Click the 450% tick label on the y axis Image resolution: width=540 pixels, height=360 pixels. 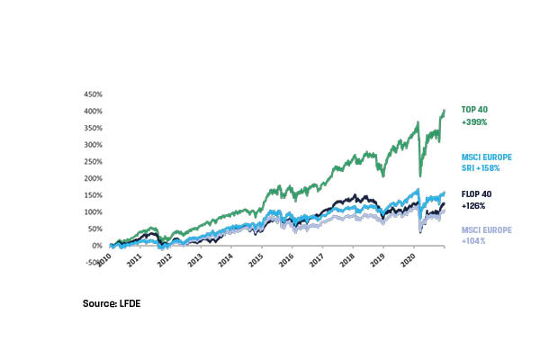pyautogui.click(x=94, y=94)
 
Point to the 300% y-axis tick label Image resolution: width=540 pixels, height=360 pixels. pyautogui.click(x=94, y=144)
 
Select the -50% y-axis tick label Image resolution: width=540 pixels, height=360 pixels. pyautogui.click(x=94, y=262)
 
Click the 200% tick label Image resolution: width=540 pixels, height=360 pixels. pyautogui.click(x=94, y=177)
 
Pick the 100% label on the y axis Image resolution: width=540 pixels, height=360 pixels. pyautogui.click(x=94, y=211)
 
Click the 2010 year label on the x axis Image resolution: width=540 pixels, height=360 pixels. pyautogui.click(x=104, y=258)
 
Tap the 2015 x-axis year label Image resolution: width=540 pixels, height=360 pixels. pyautogui.click(x=256, y=258)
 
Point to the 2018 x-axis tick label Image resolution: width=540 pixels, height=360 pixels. pyautogui.click(x=346, y=258)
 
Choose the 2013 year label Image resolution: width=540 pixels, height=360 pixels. pyautogui.click(x=195, y=258)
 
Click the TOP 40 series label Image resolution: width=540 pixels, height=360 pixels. pyautogui.click(x=474, y=109)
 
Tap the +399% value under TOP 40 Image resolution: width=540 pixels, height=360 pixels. pyautogui.click(x=473, y=121)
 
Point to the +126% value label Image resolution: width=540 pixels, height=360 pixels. pyautogui.click(x=473, y=205)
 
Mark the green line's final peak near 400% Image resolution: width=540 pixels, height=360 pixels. pyautogui.click(x=445, y=111)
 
